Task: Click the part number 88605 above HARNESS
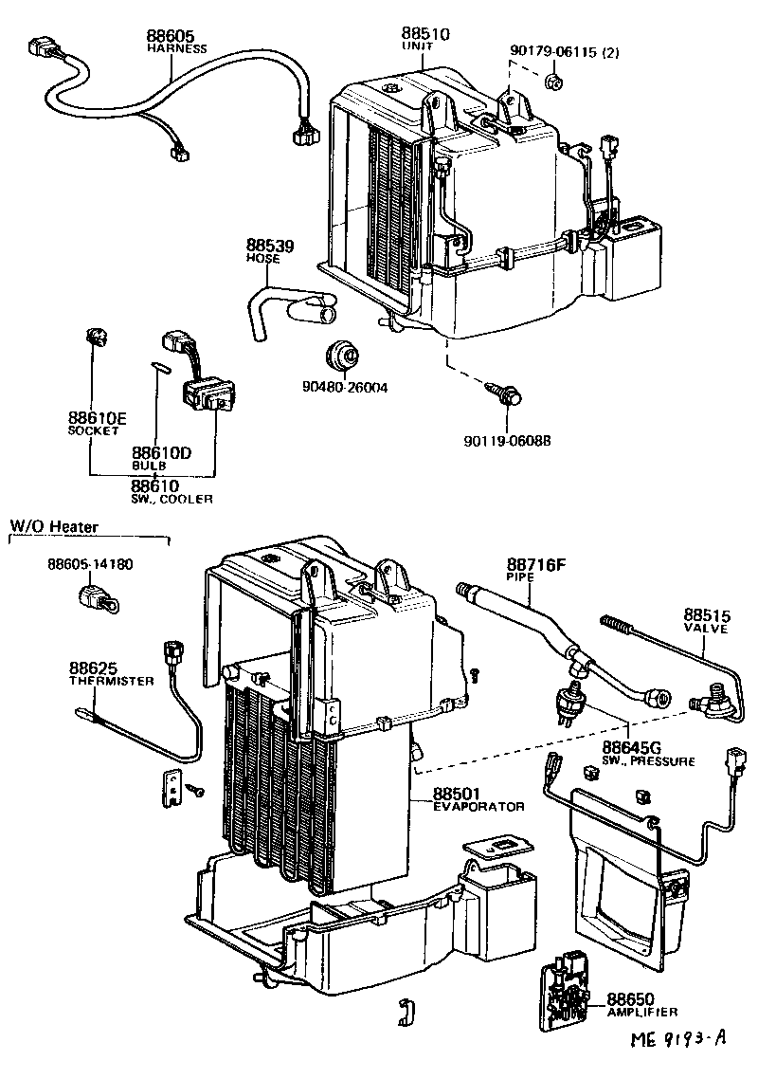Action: [x=168, y=37]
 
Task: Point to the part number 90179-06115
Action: [x=550, y=53]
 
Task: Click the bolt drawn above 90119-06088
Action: [x=506, y=394]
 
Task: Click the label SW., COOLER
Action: [x=171, y=499]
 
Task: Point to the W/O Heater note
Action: [x=54, y=526]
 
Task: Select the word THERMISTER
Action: [x=111, y=681]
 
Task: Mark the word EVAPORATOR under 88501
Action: [x=478, y=806]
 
